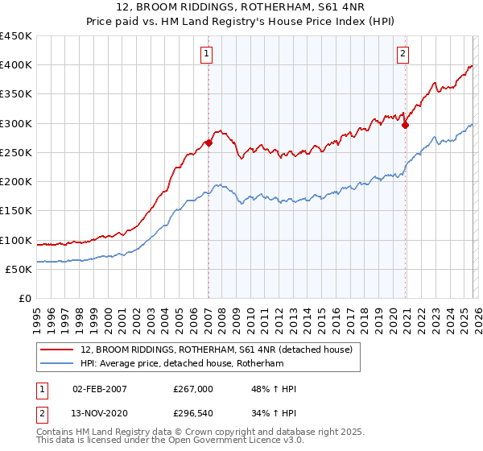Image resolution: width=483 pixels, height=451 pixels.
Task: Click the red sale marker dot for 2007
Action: click(208, 143)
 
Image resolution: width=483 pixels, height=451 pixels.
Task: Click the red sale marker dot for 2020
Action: click(405, 125)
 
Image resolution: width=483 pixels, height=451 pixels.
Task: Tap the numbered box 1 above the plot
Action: click(208, 54)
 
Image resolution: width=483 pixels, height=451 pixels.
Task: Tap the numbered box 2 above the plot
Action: click(402, 54)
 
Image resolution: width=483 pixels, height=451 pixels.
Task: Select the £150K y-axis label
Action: click(16, 211)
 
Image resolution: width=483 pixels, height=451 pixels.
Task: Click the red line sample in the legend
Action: click(58, 350)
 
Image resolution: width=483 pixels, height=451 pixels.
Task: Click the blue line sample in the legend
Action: click(58, 364)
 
